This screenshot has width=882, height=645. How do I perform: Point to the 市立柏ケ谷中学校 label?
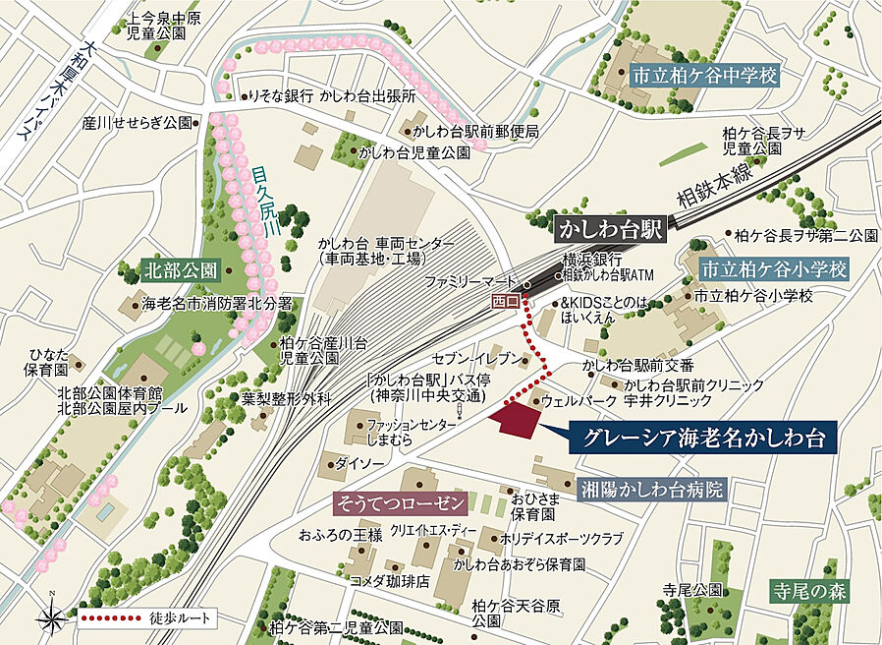[704, 75]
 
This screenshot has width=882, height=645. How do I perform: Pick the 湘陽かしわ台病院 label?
[650, 489]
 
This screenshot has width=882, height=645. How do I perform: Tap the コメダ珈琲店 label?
[390, 581]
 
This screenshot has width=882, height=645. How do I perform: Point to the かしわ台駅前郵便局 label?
[475, 131]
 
